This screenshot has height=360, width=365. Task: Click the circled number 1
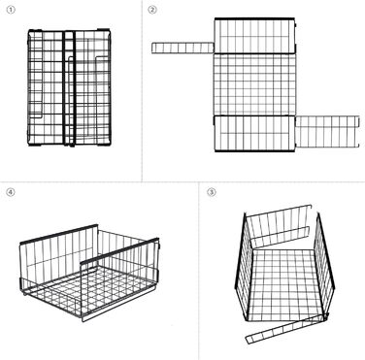point(11,10)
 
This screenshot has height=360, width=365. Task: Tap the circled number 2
point(152,10)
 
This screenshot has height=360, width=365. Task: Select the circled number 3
point(211,192)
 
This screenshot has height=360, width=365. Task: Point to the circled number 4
point(11,192)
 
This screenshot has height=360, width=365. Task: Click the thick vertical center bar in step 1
point(69,87)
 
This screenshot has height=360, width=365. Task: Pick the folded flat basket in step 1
point(69,87)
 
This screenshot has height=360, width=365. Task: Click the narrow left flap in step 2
point(182,48)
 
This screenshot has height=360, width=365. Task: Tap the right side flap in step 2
point(327,132)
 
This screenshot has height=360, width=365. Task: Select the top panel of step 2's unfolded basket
point(255,36)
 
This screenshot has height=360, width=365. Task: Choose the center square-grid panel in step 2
point(255,84)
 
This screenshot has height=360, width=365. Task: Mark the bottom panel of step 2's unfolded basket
point(254,133)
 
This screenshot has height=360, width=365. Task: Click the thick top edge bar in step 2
point(254,19)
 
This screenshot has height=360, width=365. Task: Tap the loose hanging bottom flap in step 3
point(285,329)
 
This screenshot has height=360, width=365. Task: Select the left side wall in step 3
point(244,266)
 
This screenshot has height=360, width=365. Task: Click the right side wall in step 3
point(324,264)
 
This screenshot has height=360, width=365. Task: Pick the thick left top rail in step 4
point(58,234)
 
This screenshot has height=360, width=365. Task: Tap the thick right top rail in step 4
point(119,250)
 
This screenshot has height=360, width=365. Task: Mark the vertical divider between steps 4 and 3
point(198,271)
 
